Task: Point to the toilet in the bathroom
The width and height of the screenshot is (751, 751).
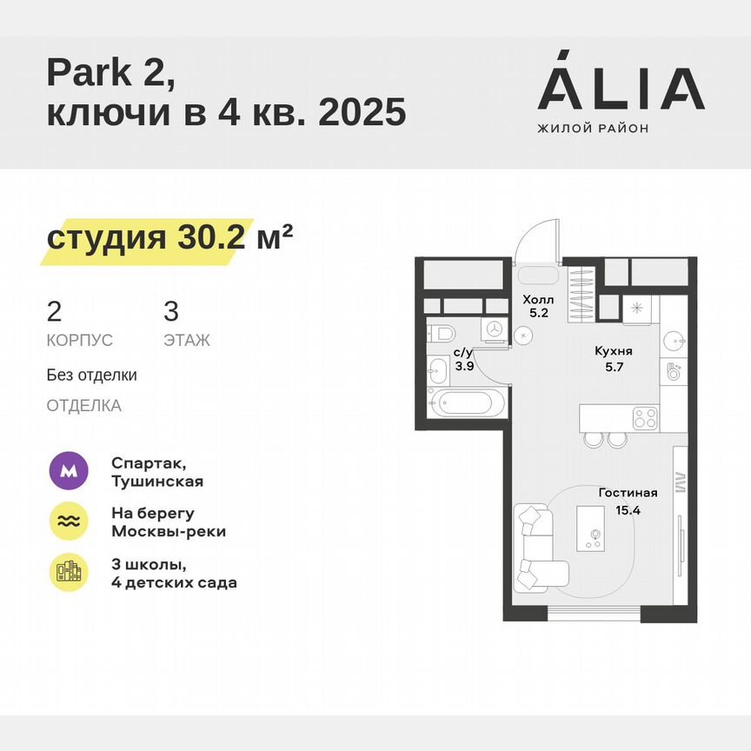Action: pyautogui.click(x=441, y=334)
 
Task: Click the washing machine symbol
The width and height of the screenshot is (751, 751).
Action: pyautogui.click(x=494, y=329)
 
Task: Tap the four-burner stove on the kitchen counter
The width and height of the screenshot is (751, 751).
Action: pyautogui.click(x=644, y=418)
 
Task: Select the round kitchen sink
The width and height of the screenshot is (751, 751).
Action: pyautogui.click(x=675, y=337)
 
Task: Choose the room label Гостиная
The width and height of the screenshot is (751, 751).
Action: pyautogui.click(x=628, y=493)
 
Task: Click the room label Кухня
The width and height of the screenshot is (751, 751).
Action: pyautogui.click(x=614, y=351)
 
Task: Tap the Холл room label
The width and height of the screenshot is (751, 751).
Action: pyautogui.click(x=535, y=300)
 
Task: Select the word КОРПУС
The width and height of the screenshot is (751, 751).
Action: pyautogui.click(x=80, y=341)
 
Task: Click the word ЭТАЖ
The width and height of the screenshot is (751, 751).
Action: pyautogui.click(x=187, y=341)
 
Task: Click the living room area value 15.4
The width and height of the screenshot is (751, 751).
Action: pyautogui.click(x=627, y=510)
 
